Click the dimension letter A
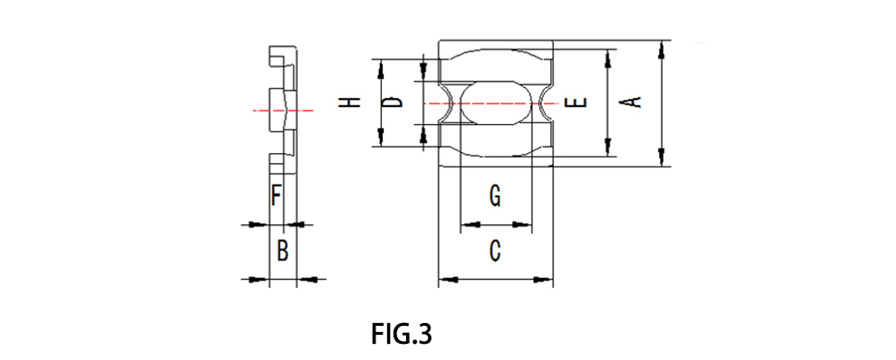coord(633,102)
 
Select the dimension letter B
coord(282,250)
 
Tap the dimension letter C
coord(494,252)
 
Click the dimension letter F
coord(277,194)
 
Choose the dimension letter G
coord(494,196)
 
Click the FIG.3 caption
coord(402,334)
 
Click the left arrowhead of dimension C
coord(445,280)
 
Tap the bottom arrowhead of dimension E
coord(611,148)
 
